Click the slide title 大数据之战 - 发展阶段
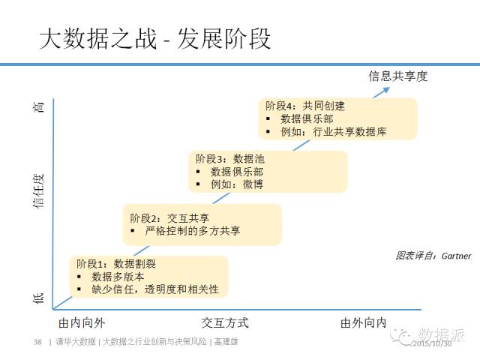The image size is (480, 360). click(x=154, y=38)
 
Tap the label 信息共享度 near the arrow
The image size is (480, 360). click(x=397, y=76)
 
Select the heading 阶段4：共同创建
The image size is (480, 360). click(x=305, y=106)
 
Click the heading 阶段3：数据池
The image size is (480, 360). click(x=230, y=159)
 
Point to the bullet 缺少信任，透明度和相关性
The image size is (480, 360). click(x=155, y=289)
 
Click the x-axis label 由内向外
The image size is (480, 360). click(x=82, y=323)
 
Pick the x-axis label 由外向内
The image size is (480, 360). click(x=363, y=323)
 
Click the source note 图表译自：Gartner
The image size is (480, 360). click(x=433, y=256)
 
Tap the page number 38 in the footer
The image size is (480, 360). click(x=37, y=342)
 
